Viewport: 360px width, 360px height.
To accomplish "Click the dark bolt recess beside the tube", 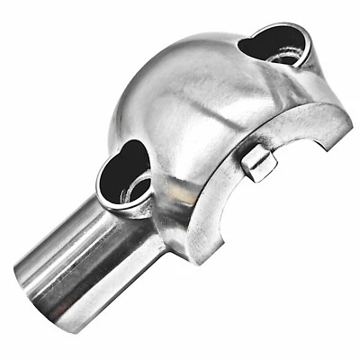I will tap(124, 176).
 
